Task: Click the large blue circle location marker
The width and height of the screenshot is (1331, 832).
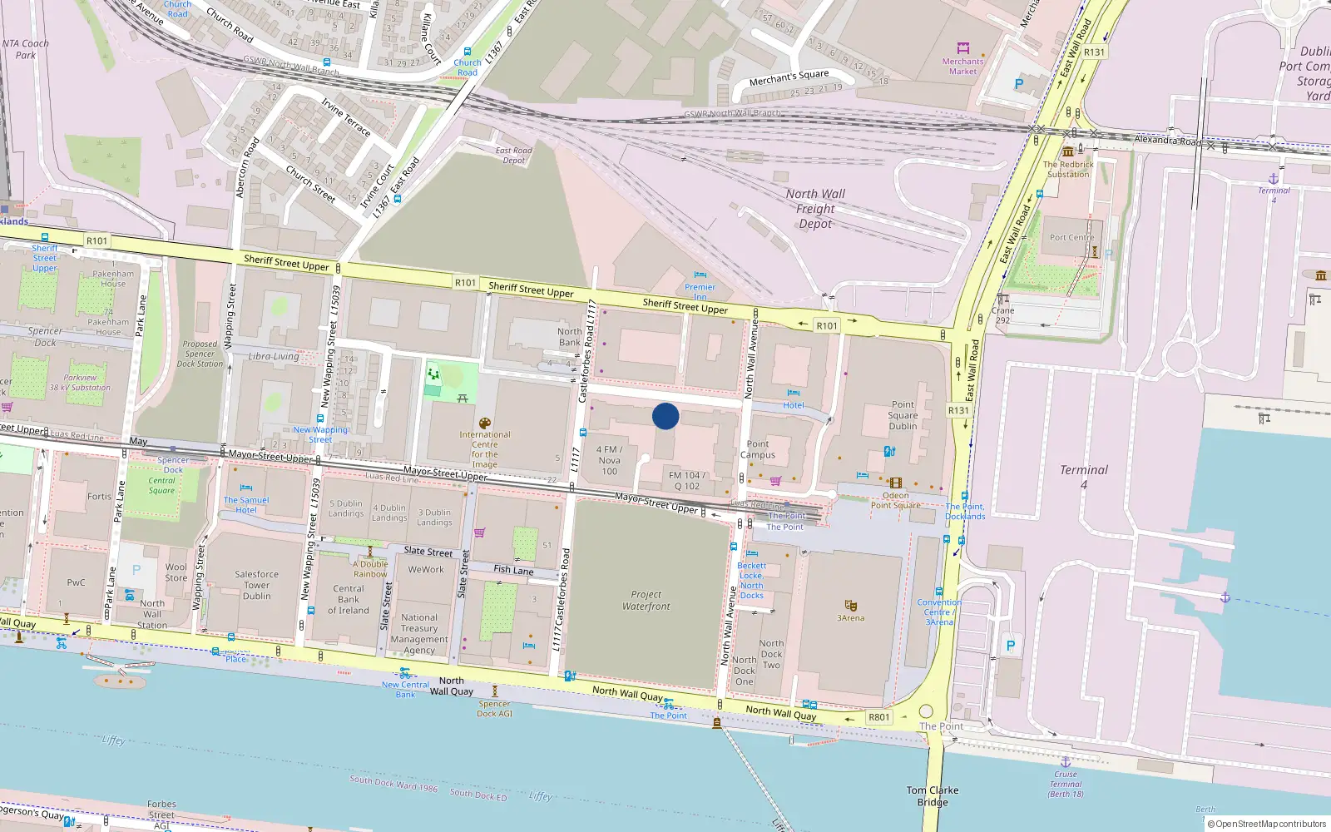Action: pos(665,416)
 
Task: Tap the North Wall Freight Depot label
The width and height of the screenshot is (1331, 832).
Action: pos(815,209)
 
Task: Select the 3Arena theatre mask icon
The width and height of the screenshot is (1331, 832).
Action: pos(850,606)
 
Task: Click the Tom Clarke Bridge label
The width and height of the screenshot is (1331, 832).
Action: pos(932,796)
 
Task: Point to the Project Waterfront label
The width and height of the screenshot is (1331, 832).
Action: pos(646,601)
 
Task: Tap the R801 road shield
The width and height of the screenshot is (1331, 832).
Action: pos(878,717)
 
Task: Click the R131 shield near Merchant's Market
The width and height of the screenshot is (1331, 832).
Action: pos(1094,52)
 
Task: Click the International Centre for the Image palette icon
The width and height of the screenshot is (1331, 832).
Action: pos(485,423)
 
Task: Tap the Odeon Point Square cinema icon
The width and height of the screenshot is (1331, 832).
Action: pos(895,483)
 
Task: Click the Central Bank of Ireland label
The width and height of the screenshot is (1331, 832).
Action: pos(348,599)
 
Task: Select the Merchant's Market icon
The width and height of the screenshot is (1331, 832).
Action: pos(963,48)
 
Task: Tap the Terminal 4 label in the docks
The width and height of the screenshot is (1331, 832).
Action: pos(1083,476)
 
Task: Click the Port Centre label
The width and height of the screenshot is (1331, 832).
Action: pos(1071,237)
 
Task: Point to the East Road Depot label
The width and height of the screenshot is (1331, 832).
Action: pos(513,156)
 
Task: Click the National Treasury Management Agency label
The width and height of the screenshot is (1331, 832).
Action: pos(418,634)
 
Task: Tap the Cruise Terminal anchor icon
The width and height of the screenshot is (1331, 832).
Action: pos(1065,761)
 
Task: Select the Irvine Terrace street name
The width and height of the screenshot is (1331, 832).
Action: pos(346,116)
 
